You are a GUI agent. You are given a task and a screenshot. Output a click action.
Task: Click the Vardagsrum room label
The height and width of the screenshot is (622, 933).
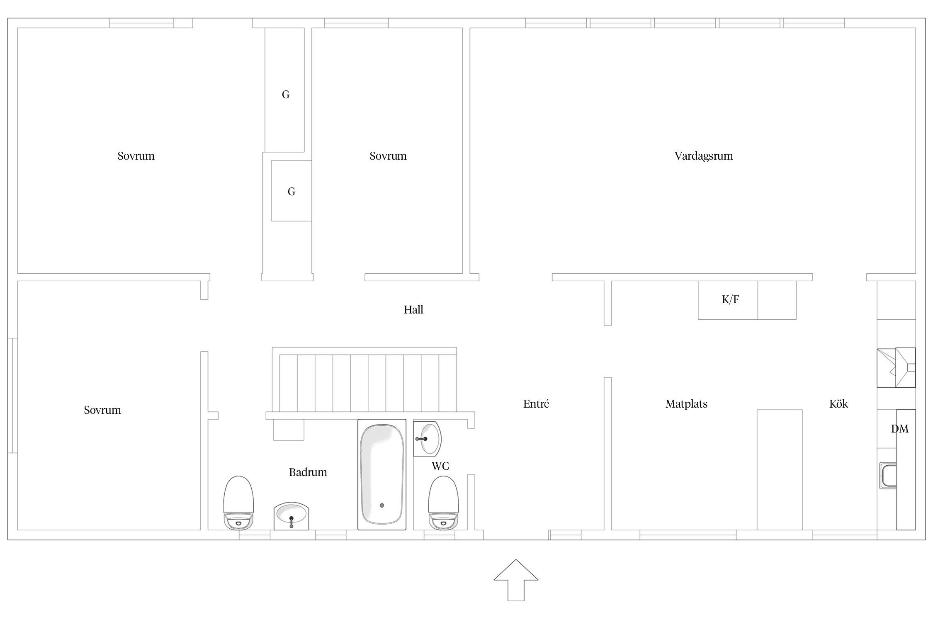tap(704, 156)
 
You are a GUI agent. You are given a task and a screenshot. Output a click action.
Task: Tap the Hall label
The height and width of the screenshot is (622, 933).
tap(413, 310)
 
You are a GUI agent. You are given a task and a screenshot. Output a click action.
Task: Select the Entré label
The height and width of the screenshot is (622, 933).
tap(536, 404)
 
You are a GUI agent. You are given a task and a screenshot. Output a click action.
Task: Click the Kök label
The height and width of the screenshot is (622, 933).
tap(838, 404)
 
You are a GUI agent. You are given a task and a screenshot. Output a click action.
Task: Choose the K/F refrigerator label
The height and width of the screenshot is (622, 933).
tap(730, 299)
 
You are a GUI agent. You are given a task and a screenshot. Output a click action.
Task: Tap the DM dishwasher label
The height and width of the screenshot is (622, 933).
tap(900, 429)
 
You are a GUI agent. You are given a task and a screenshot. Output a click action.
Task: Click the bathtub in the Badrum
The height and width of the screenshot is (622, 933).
tap(382, 475)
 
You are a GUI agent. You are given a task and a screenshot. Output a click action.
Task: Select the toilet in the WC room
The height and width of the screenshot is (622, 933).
tap(443, 503)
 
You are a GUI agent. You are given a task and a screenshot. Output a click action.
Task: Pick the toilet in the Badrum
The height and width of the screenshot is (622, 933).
tap(238, 503)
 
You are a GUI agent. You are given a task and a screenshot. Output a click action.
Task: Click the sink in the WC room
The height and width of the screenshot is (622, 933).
tap(428, 439)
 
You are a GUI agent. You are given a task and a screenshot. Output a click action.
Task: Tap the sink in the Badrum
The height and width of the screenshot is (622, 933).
tap(292, 516)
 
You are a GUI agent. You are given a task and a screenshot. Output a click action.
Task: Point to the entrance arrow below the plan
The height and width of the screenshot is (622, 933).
tap(516, 580)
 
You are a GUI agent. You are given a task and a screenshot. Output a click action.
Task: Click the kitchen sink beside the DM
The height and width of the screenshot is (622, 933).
tap(888, 476)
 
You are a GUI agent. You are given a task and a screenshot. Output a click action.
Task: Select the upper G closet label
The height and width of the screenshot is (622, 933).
tap(286, 95)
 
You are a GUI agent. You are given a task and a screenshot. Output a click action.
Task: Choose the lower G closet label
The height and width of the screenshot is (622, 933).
tap(292, 192)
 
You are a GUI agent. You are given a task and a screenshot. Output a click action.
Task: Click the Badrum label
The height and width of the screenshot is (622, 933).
tap(308, 472)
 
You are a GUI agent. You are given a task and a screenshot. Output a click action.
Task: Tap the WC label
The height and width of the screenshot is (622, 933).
tap(440, 466)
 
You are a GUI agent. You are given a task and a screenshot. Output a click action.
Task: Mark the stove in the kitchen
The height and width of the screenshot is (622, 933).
tap(896, 367)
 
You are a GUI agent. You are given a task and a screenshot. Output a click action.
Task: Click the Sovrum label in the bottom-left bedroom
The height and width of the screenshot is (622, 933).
tap(102, 410)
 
